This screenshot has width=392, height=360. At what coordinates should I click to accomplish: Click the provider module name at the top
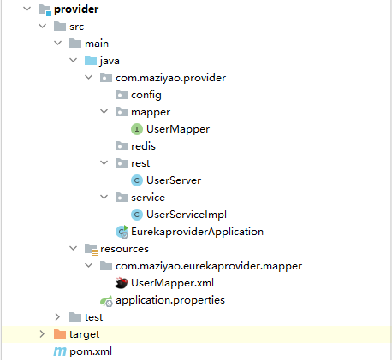click(76, 9)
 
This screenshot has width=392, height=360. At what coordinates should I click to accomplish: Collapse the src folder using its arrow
click(43, 26)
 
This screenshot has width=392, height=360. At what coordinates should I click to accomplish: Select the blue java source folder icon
click(91, 61)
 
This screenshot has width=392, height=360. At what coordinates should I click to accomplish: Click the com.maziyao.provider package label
click(170, 78)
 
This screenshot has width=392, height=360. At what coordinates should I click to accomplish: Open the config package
click(146, 95)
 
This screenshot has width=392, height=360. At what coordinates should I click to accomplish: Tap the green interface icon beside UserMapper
click(137, 129)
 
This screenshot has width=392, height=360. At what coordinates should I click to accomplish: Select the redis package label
click(143, 146)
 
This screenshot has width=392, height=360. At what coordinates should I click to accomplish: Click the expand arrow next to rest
click(104, 162)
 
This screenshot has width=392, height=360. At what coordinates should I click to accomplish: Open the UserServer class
click(174, 180)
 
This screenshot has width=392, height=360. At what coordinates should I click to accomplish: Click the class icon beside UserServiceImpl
click(137, 215)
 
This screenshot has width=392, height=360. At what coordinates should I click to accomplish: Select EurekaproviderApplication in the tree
click(197, 232)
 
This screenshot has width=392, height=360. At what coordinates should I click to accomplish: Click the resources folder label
click(124, 249)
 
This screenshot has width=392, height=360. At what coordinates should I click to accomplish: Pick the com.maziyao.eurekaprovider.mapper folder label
click(209, 266)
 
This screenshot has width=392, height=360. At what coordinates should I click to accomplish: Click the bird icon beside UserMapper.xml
click(122, 283)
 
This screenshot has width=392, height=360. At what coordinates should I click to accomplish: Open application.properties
click(170, 300)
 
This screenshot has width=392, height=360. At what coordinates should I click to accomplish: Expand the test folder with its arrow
click(57, 316)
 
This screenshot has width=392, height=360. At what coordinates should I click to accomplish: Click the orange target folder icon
click(60, 334)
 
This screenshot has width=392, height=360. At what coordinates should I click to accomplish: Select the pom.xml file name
click(91, 351)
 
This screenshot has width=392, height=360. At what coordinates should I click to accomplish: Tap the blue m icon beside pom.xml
click(60, 351)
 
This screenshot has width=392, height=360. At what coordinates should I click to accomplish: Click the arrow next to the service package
click(104, 197)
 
